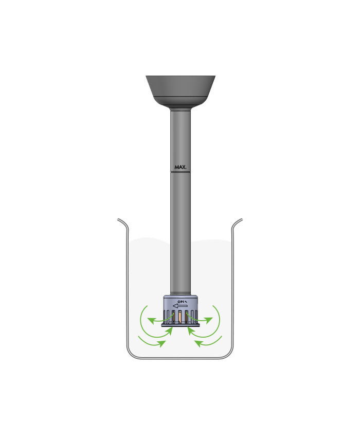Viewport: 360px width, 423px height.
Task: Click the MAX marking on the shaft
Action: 180,167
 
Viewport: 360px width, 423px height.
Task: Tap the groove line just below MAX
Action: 180,172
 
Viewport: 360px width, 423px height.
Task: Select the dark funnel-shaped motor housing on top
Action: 180,90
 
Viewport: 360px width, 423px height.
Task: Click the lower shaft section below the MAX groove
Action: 180,231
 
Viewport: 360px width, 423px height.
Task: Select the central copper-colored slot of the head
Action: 181,318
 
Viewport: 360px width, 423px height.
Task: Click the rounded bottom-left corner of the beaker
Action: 130,355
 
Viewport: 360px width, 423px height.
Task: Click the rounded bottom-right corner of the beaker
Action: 230,355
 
